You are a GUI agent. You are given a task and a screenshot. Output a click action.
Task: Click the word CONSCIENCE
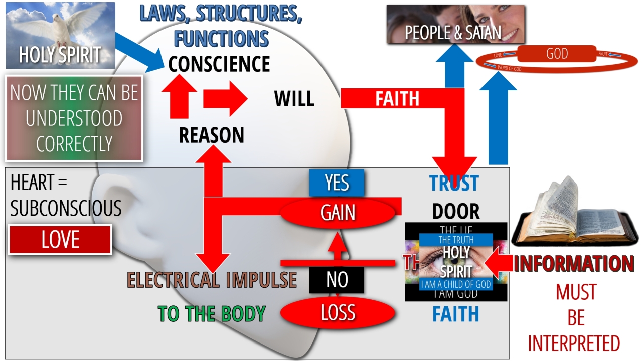219,64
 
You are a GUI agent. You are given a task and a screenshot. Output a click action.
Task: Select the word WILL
294,99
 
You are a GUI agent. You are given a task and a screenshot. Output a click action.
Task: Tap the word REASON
211,135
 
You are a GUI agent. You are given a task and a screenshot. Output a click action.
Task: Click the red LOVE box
60,240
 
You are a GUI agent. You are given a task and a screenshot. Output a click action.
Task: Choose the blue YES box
337,183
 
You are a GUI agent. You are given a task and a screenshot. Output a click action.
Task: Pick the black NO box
337,280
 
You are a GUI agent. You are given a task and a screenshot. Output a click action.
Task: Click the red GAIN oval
338,213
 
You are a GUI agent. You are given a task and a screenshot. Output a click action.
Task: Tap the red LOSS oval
338,313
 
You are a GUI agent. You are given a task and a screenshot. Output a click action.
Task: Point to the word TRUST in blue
454,184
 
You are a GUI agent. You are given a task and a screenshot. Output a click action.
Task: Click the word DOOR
455,212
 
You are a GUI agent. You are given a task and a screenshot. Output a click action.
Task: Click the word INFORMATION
574,264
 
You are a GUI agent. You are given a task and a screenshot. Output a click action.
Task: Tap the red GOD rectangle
557,54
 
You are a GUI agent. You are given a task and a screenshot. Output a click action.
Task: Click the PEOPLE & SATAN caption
453,33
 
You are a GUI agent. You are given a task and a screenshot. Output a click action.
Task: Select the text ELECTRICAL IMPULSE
212,280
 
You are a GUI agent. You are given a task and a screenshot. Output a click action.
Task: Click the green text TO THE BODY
211,314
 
